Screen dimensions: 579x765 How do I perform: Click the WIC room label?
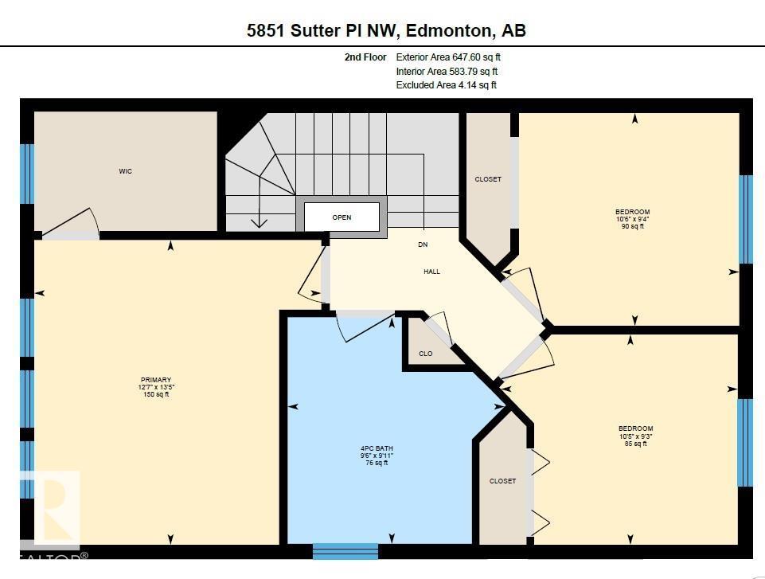click(x=125, y=171)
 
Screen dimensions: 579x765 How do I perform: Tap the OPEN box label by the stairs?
click(x=342, y=217)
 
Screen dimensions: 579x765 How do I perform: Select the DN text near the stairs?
click(x=423, y=245)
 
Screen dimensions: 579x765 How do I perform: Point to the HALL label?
click(x=431, y=272)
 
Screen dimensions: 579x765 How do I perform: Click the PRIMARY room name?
click(x=156, y=380)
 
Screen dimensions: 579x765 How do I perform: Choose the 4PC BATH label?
click(x=377, y=448)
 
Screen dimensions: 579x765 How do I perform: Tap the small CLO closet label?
click(x=425, y=354)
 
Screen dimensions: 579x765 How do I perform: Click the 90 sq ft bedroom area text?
click(x=634, y=226)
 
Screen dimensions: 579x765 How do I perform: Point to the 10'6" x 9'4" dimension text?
click(x=634, y=219)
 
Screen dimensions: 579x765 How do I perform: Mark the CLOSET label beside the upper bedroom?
click(x=487, y=179)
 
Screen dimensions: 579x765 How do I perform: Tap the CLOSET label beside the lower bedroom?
click(x=503, y=481)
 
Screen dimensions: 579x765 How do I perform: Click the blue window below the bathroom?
click(x=345, y=551)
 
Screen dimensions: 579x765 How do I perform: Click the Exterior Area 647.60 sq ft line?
click(x=448, y=57)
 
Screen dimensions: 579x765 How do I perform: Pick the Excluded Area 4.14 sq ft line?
click(x=446, y=85)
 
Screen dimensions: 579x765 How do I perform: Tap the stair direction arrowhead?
click(x=258, y=223)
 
